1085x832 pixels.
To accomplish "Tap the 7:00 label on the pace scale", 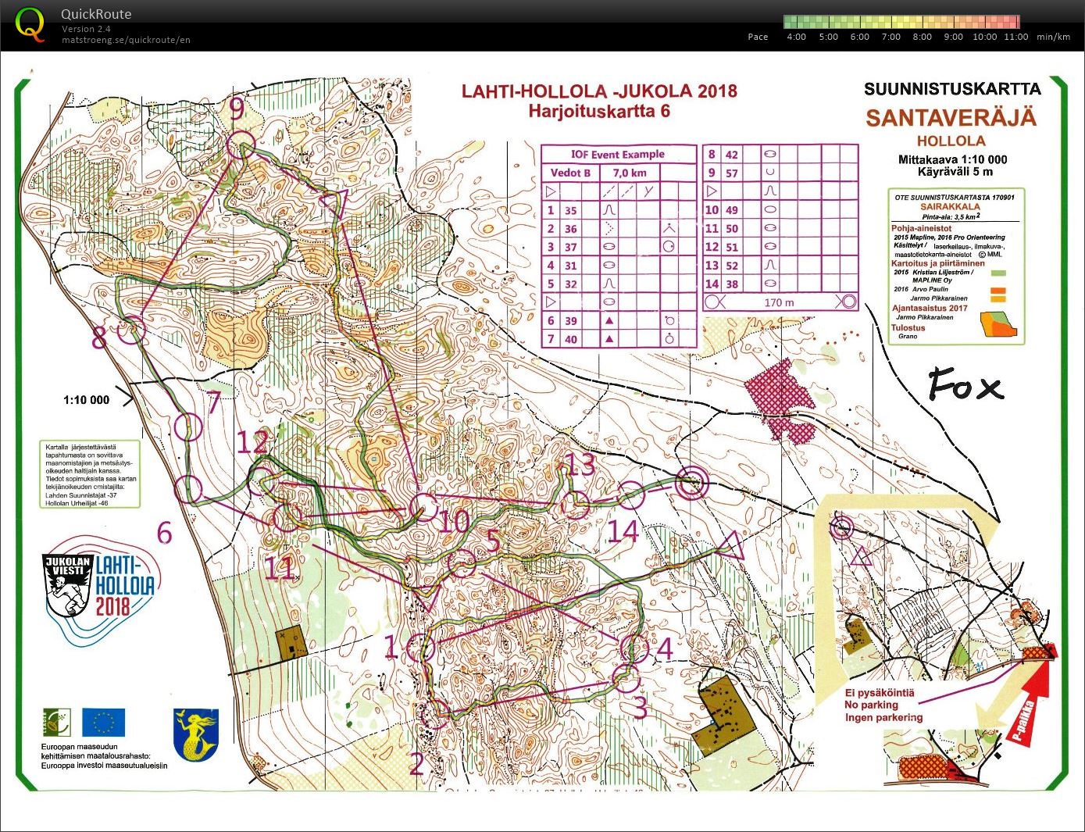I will [x=890, y=37].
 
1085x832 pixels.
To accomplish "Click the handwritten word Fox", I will [x=965, y=386].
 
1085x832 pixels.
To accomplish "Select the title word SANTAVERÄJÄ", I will [x=951, y=118].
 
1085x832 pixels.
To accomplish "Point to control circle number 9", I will [x=241, y=145].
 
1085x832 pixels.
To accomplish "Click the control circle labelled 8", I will [x=131, y=330].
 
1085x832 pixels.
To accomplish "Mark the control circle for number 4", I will [x=634, y=647].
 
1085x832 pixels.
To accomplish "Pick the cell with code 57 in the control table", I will [x=732, y=173].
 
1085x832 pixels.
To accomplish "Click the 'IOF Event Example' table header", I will [x=618, y=154].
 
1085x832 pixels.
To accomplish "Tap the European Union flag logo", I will [x=103, y=723].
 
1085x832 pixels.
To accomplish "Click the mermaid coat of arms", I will [x=195, y=734].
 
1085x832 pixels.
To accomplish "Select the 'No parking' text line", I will [x=872, y=705].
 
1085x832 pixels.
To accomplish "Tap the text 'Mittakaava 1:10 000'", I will [x=952, y=159].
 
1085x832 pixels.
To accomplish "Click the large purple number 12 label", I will [x=252, y=443].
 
